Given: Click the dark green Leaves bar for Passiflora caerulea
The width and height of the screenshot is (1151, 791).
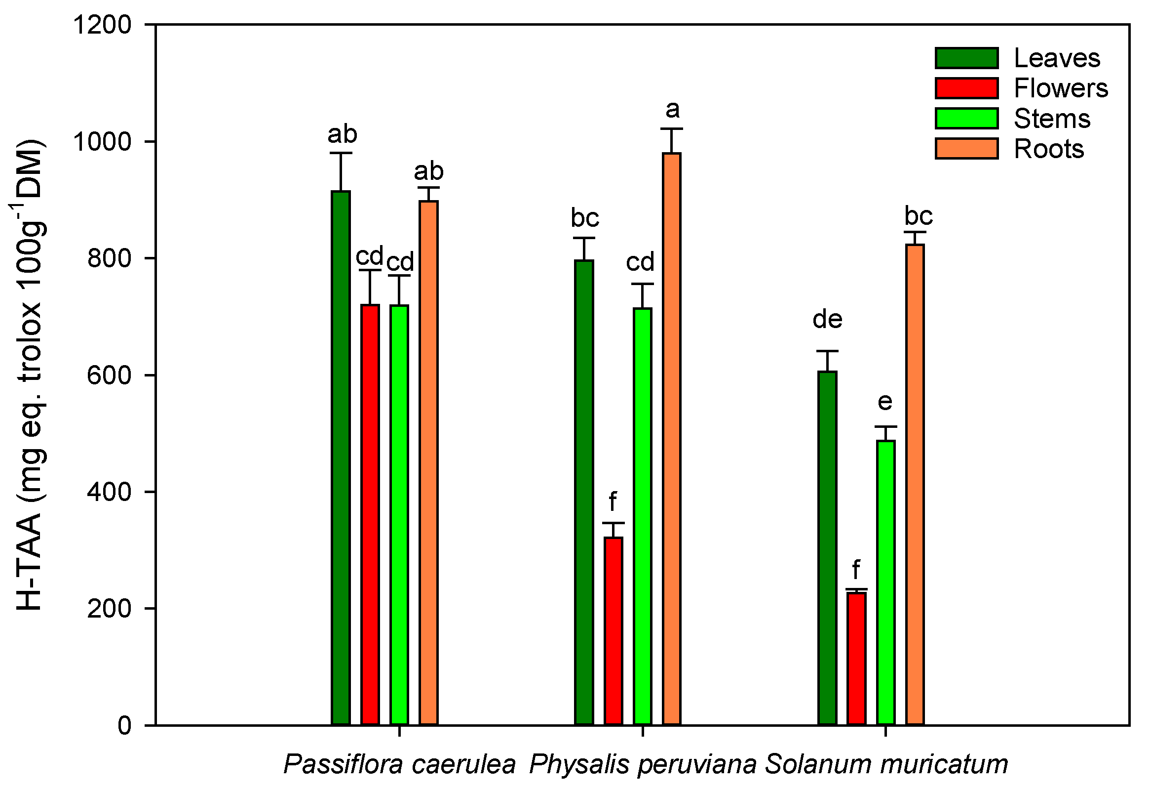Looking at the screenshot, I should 341,458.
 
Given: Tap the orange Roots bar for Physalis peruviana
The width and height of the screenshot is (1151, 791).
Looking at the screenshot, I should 672,439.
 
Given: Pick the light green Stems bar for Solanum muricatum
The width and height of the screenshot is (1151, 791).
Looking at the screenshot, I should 886,583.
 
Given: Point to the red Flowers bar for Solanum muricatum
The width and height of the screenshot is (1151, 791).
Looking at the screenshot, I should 857,659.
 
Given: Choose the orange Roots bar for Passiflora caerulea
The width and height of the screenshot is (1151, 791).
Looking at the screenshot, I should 429,463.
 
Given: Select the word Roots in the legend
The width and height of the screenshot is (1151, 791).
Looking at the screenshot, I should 1049,149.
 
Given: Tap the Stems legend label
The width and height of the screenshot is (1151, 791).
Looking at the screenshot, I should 1052,119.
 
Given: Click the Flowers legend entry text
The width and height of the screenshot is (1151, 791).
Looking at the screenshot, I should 1061,89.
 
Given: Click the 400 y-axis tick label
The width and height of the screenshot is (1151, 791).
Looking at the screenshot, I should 110,492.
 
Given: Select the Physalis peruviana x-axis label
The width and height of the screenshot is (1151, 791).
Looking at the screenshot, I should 643,764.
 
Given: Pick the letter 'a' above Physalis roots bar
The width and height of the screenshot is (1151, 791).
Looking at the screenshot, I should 672,110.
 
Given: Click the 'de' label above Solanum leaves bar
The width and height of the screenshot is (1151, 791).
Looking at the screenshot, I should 828,320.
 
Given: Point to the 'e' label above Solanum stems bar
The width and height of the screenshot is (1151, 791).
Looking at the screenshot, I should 885,402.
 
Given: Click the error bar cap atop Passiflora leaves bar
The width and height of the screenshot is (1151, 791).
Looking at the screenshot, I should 341,153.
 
